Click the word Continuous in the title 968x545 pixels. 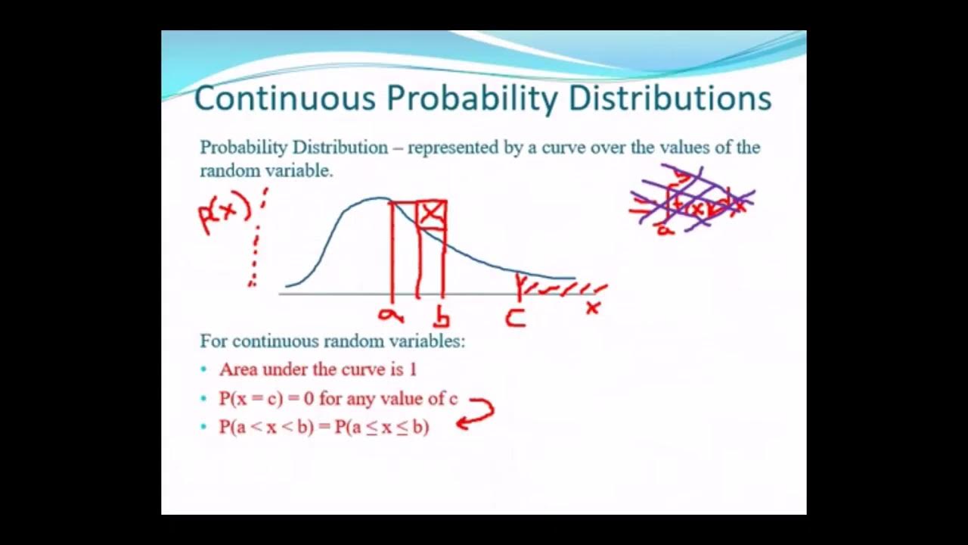pyautogui.click(x=284, y=99)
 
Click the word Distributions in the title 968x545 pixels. pyautogui.click(x=669, y=99)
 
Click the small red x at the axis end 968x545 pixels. pyautogui.click(x=593, y=307)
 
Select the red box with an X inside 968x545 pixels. pyautogui.click(x=431, y=215)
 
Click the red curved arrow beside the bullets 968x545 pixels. pyautogui.click(x=476, y=413)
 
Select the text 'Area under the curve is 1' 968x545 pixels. pyautogui.click(x=318, y=369)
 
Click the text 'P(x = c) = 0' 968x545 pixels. pyautogui.click(x=266, y=399)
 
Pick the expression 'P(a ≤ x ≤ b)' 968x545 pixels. pyautogui.click(x=382, y=427)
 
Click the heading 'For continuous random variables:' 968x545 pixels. pyautogui.click(x=332, y=341)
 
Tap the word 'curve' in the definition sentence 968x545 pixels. pyautogui.click(x=563, y=148)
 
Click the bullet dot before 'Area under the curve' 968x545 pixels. pyautogui.click(x=203, y=370)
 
